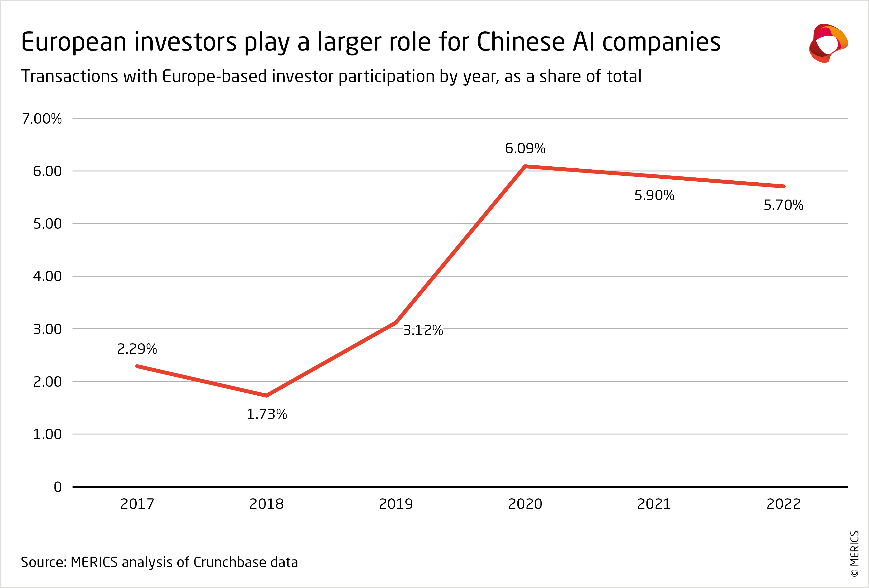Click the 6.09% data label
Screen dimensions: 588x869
point(525,148)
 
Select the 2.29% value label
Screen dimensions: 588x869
point(137,349)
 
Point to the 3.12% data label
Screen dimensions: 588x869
point(423,330)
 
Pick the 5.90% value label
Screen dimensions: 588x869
point(654,195)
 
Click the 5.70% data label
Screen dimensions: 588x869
point(783,205)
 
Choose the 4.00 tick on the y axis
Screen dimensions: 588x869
point(48,276)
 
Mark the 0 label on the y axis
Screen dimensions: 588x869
point(58,487)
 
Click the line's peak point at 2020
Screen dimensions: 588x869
point(525,166)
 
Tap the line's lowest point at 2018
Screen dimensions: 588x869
point(266,395)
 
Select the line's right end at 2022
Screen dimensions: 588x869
point(783,186)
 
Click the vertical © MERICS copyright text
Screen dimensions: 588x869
point(855,554)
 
